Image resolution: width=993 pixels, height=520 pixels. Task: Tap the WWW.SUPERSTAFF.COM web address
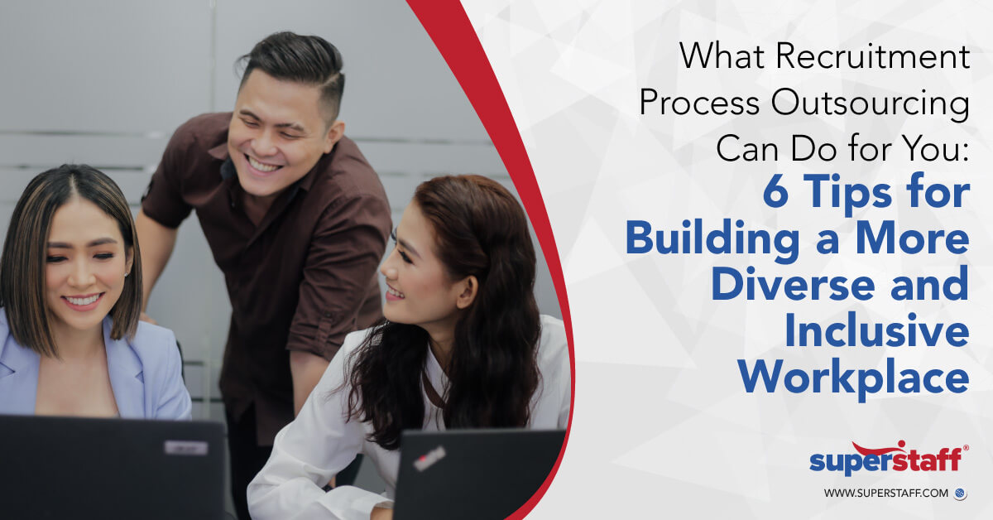click(885, 494)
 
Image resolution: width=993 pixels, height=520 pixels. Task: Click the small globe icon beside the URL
click(960, 494)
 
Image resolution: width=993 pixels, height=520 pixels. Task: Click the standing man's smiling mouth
click(264, 163)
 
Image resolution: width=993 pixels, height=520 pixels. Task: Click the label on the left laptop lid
click(185, 447)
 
